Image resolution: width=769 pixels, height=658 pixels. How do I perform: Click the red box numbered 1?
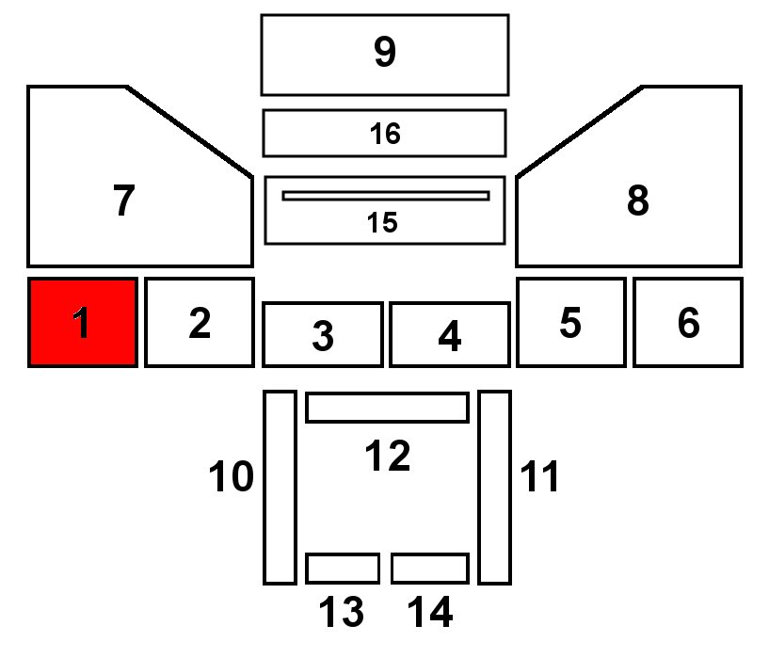[83, 322]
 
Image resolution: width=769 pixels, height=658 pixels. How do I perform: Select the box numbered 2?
[199, 322]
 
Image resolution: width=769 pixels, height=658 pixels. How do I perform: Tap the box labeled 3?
[322, 334]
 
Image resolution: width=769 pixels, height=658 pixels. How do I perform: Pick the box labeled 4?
[449, 334]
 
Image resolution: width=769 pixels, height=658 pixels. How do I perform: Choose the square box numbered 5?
[569, 322]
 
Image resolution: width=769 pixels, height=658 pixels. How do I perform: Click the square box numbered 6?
[687, 322]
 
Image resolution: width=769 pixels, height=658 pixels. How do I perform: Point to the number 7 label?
[123, 201]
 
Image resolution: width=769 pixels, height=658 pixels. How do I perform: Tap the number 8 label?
[637, 201]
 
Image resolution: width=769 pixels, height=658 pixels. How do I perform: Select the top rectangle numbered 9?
[384, 54]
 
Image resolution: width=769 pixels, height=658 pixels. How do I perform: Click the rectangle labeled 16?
[384, 133]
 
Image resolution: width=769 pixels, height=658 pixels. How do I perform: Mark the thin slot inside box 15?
[385, 196]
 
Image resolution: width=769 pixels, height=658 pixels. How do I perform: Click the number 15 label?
[382, 223]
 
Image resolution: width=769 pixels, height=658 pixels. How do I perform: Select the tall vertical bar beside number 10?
[279, 487]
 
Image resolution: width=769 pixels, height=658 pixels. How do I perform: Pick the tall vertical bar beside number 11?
[494, 487]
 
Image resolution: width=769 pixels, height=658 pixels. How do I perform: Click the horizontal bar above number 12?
[387, 408]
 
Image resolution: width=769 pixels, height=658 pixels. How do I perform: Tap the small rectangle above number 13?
[342, 569]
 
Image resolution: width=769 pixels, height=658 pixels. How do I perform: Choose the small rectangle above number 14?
[429, 569]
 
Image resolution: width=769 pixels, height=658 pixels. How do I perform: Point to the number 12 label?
[387, 457]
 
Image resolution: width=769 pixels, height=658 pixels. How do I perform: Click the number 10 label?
[231, 477]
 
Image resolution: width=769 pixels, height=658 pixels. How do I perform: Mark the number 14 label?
[429, 614]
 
